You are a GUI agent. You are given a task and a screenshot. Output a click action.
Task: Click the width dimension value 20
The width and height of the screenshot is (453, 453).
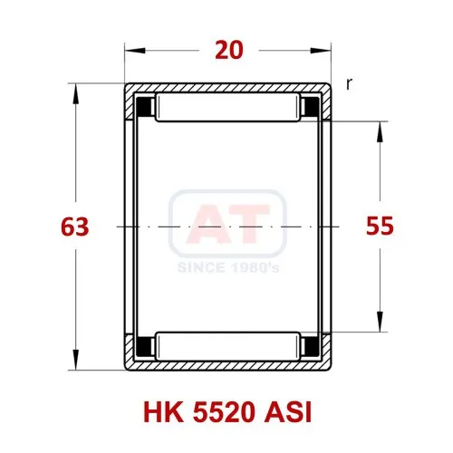tap(229, 51)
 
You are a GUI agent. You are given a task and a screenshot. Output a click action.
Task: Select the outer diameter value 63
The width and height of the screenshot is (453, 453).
tap(75, 226)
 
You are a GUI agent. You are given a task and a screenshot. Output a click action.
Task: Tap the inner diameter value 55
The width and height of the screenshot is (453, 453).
tap(380, 226)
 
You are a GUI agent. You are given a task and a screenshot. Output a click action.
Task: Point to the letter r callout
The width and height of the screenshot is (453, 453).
tap(349, 84)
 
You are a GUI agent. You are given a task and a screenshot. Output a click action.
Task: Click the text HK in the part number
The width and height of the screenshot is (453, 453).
tap(163, 412)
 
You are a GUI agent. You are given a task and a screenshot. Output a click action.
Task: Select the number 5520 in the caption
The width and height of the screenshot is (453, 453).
tap(223, 412)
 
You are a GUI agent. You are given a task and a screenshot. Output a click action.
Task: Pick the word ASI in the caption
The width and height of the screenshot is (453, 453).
tap(288, 412)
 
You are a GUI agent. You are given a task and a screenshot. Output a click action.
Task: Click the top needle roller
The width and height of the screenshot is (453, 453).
tap(228, 108)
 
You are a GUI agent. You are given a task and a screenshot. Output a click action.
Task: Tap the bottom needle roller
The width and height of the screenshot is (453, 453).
tap(228, 346)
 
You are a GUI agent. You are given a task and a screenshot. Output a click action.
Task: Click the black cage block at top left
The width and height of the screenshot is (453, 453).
tap(145, 107)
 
